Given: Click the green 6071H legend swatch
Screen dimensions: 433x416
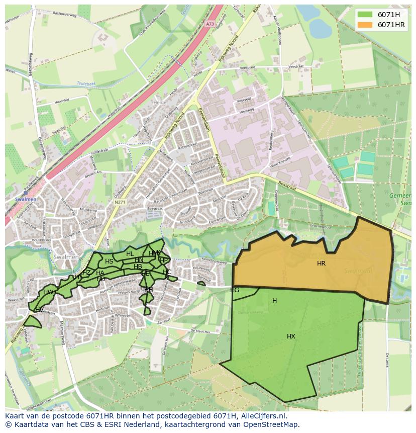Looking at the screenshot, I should [x=365, y=15].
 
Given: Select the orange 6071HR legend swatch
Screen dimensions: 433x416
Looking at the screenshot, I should [x=365, y=25].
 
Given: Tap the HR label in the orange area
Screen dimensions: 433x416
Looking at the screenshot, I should [x=321, y=264].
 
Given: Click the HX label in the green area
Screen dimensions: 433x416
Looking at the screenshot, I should [x=291, y=336].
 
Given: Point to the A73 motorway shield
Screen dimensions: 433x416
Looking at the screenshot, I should [x=210, y=23].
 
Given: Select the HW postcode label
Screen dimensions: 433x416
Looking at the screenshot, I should [x=48, y=292].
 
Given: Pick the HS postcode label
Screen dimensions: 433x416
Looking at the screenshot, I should [x=109, y=262].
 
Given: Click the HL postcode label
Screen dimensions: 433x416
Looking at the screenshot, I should [x=130, y=254].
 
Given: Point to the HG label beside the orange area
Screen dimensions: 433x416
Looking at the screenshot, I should [x=235, y=290].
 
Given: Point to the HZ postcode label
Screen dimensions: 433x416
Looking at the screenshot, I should [x=87, y=273].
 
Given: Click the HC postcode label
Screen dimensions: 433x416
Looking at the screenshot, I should [x=167, y=272].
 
